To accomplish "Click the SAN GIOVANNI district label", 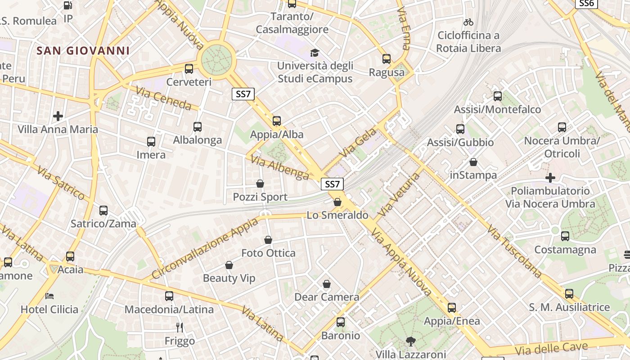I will point(83,50).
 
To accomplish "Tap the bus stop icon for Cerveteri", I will point(189,69).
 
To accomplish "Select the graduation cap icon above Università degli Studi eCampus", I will point(315,53).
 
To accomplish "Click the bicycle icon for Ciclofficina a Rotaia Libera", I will point(468,22).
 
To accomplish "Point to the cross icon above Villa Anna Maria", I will point(58,116).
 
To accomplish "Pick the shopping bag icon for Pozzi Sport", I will point(260,184).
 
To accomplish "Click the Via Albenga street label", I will point(280,167).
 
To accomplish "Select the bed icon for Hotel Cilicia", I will point(49,296).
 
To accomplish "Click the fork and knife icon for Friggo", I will point(180,327).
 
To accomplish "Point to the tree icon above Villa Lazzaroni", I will point(410,341).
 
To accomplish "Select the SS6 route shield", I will point(586,3).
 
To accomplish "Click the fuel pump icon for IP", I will point(68,5).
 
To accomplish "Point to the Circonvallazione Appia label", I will point(205,248).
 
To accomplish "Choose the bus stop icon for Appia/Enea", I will point(452,308).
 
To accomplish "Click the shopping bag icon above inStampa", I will point(473,162).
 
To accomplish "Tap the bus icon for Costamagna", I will point(565,236).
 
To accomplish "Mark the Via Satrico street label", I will point(61,183).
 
